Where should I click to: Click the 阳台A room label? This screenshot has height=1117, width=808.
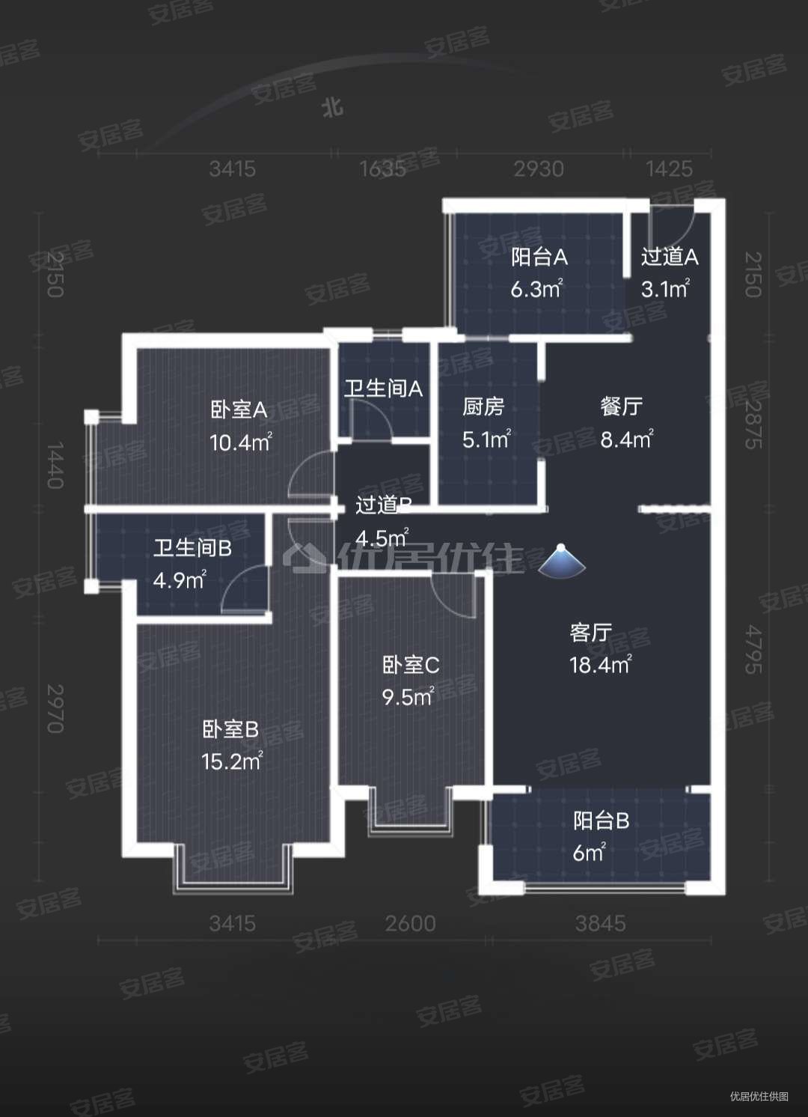pyautogui.click(x=539, y=258)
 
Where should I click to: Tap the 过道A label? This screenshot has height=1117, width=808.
pyautogui.click(x=670, y=257)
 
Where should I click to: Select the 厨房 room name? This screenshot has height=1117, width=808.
pyautogui.click(x=483, y=407)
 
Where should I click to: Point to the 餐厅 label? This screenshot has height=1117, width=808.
pyautogui.click(x=622, y=407)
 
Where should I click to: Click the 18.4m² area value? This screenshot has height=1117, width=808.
pyautogui.click(x=600, y=664)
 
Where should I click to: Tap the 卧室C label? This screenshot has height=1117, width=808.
pyautogui.click(x=411, y=665)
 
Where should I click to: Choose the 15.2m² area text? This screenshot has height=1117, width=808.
pyautogui.click(x=231, y=761)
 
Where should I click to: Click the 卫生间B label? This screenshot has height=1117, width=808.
pyautogui.click(x=192, y=548)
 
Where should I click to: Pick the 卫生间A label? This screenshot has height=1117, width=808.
pyautogui.click(x=383, y=389)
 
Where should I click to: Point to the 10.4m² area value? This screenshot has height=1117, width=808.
pyautogui.click(x=240, y=442)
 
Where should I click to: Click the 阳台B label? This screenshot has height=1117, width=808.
pyautogui.click(x=601, y=821)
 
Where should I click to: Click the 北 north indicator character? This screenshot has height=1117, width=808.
pyautogui.click(x=332, y=107)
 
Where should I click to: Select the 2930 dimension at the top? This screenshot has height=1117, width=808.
pyautogui.click(x=539, y=168)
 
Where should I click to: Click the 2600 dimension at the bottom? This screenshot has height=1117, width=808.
pyautogui.click(x=410, y=923)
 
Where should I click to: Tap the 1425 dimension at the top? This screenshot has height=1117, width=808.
pyautogui.click(x=669, y=168)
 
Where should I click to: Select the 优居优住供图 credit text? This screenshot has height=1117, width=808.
pyautogui.click(x=759, y=1096)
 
